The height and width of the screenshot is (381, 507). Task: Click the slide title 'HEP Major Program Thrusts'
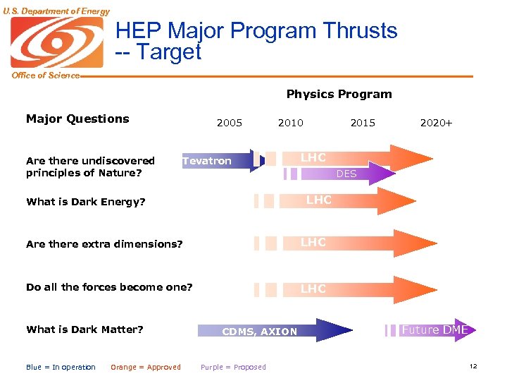point(256,31)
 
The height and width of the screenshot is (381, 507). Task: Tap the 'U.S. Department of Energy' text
point(56,11)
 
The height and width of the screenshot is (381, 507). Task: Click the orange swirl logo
point(56,42)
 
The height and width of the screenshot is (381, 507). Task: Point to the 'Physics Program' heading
point(339,94)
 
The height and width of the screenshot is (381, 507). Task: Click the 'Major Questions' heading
point(77,119)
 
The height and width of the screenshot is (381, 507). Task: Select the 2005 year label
point(230,123)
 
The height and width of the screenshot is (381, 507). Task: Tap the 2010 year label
point(290,123)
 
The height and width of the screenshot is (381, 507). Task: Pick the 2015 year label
point(363,123)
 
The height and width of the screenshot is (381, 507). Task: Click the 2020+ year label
point(436,123)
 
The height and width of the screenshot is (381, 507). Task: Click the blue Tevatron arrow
point(218,161)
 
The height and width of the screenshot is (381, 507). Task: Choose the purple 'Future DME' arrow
point(433,329)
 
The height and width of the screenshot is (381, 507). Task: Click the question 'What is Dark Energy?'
point(85,202)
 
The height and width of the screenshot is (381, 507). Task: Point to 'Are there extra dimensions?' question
point(104,244)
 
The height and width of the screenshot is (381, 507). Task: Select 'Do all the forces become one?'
point(109,287)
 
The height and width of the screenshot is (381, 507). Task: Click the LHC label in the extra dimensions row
point(313,242)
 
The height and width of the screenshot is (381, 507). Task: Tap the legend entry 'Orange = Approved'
point(146,367)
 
